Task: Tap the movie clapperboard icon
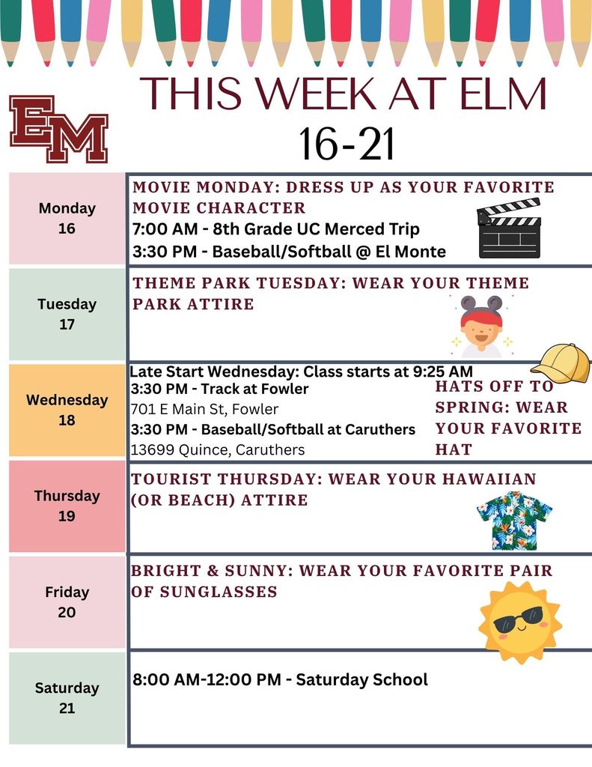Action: [509, 228]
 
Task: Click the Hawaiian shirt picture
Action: [514, 521]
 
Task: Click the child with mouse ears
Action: [480, 327]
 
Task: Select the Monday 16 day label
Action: [67, 218]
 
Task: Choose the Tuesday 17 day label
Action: [67, 314]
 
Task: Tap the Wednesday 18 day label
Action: [67, 410]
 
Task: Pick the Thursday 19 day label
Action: [67, 506]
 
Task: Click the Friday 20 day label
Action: [67, 601]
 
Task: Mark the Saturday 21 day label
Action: [67, 697]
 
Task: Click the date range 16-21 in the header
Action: [347, 144]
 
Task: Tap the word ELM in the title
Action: [497, 95]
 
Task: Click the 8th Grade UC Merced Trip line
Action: [276, 229]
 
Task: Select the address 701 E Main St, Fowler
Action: [204, 409]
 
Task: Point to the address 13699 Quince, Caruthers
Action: [217, 450]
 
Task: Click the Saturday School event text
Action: [280, 679]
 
